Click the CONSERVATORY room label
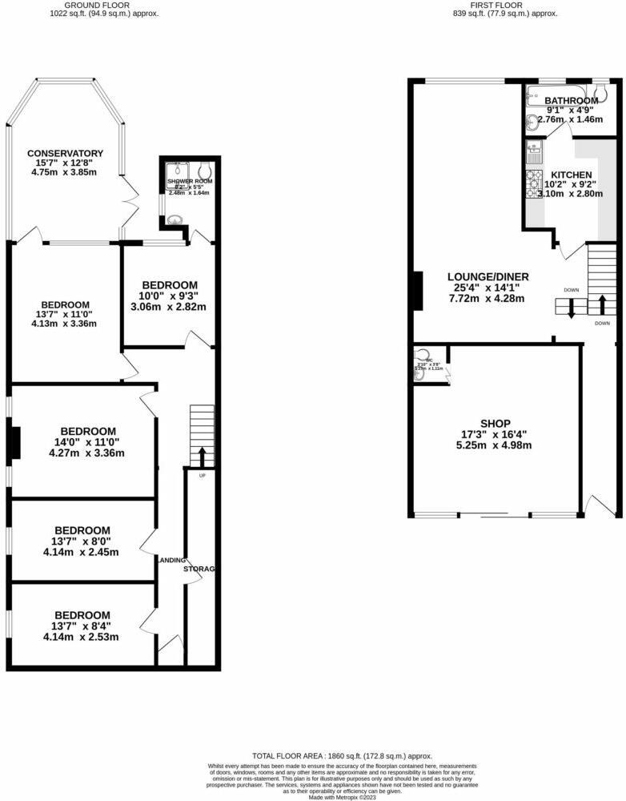[x=65, y=153]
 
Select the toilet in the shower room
[x=204, y=170]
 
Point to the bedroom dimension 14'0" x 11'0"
[x=82, y=442]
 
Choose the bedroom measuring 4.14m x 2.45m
[x=81, y=552]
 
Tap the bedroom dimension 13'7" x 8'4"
[x=81, y=627]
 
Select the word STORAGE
[x=199, y=569]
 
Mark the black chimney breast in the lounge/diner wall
[x=416, y=291]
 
